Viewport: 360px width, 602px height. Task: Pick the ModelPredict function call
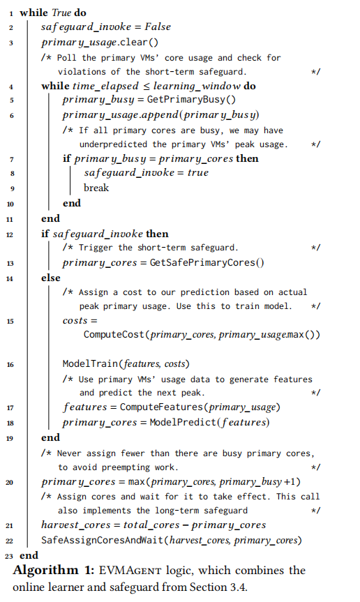(x=179, y=422)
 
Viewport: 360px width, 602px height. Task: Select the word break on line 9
(x=96, y=188)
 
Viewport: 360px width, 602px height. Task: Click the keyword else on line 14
(x=51, y=278)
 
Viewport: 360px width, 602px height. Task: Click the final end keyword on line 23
(x=29, y=555)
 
